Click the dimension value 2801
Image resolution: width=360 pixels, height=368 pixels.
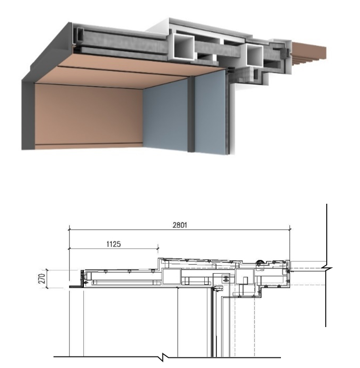pyautogui.click(x=180, y=225)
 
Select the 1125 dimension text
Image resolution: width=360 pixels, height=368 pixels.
pyautogui.click(x=114, y=244)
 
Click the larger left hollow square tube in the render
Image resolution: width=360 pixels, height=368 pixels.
pyautogui.click(x=184, y=47)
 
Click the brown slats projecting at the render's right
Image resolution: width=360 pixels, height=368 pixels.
pyautogui.click(x=309, y=53)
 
